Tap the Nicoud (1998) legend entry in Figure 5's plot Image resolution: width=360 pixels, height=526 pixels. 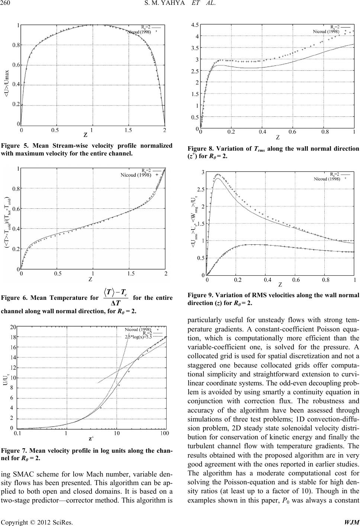tap(139, 32)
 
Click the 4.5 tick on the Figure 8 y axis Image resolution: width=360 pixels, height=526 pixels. tap(195, 25)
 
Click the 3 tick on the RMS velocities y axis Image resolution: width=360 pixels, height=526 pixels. tap(202, 172)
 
